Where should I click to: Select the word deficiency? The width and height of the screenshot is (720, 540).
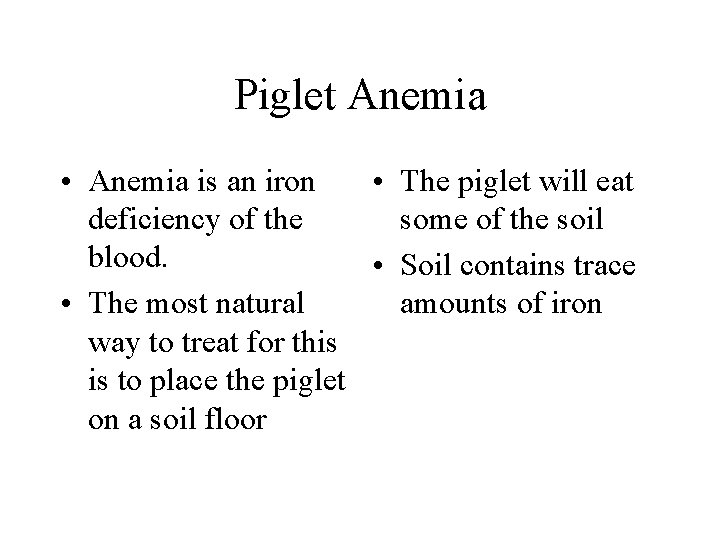coord(152,220)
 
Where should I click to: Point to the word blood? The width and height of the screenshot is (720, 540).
coord(124,256)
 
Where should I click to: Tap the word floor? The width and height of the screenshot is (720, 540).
coord(233,419)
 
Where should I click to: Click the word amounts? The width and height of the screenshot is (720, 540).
coord(449,304)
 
